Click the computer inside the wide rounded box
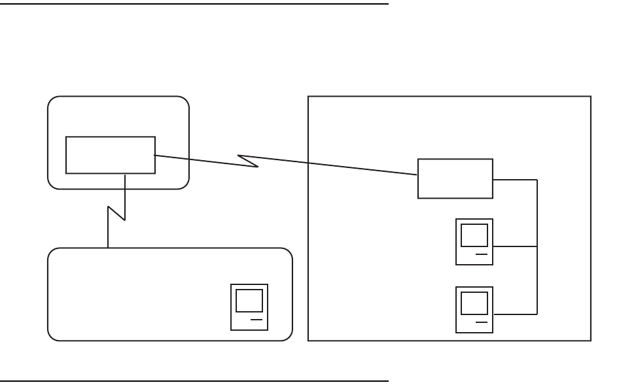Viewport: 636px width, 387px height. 249,307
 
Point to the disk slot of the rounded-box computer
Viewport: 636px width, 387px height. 256,320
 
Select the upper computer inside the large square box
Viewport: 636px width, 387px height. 474,242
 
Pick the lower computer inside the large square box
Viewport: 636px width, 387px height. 474,310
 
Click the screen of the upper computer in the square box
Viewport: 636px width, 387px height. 474,235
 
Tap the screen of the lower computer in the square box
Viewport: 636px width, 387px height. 474,303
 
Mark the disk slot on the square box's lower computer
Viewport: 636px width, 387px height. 481,322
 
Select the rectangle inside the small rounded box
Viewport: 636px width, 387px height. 111,155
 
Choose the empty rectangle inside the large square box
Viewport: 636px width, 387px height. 455,178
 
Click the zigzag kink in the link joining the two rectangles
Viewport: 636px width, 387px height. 249,161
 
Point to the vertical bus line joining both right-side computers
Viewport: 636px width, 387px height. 537,261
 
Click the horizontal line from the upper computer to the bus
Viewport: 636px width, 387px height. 515,246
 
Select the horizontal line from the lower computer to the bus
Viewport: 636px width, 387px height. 515,314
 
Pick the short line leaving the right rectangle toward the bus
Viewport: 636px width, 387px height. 515,179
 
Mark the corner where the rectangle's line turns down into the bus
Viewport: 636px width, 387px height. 537,179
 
